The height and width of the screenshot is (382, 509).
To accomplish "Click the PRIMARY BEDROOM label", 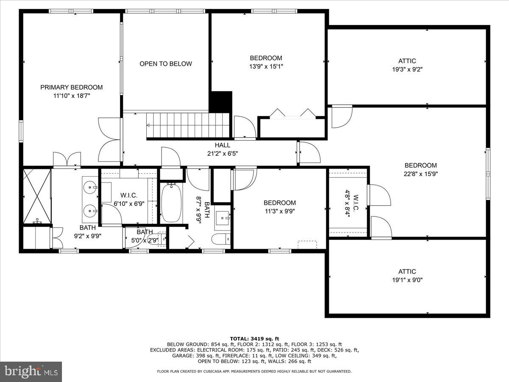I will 71,87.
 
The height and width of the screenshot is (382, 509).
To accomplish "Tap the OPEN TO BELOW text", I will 165,64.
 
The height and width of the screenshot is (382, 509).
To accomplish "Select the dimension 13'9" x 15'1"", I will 266,66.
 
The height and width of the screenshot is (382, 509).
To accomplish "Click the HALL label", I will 222,145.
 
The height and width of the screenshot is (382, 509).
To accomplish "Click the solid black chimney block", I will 221,102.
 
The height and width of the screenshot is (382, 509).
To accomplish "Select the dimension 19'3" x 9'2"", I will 407,69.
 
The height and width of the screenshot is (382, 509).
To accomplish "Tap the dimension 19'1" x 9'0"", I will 407,280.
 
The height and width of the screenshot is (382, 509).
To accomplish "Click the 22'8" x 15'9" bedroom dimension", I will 420,174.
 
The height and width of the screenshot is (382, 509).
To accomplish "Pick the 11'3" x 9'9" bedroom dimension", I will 280,211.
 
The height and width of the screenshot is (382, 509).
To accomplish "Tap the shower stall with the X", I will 36,196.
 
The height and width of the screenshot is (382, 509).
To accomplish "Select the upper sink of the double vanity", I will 90,186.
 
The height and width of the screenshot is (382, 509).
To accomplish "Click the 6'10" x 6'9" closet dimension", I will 129,203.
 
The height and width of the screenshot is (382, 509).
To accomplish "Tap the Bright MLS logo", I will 31,372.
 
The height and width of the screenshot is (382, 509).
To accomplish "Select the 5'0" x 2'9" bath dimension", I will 145,240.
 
